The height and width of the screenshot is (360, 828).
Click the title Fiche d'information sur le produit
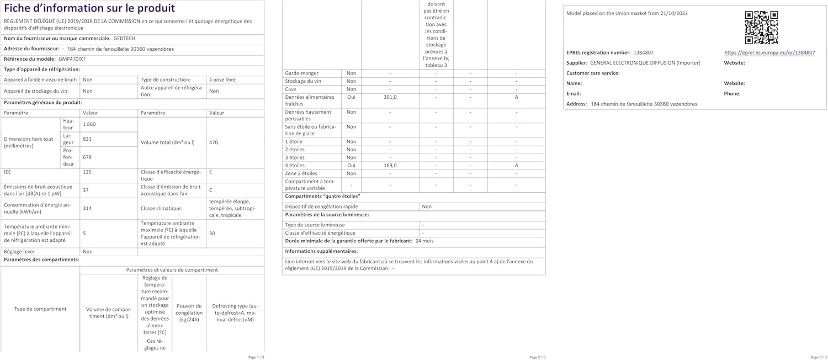pyautogui.click(x=89, y=8)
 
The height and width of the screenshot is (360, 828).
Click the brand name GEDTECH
pyautogui.click(x=124, y=38)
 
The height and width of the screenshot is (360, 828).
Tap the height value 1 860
pyautogui.click(x=89, y=124)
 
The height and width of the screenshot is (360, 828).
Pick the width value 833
pyautogui.click(x=87, y=139)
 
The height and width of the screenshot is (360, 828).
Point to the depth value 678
pyautogui.click(x=87, y=157)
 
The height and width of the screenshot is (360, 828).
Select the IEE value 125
pyautogui.click(x=87, y=172)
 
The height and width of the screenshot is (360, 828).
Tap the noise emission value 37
pyautogui.click(x=86, y=190)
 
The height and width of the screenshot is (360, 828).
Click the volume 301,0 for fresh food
pyautogui.click(x=390, y=97)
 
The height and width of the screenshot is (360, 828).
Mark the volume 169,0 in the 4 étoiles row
pyautogui.click(x=390, y=166)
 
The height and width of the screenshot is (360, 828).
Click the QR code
pyautogui.click(x=761, y=27)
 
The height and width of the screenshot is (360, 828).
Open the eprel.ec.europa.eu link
pyautogui.click(x=769, y=53)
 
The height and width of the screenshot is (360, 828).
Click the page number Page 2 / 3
pyautogui.click(x=538, y=357)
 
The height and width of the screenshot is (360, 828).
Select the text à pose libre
pyautogui.click(x=222, y=80)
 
